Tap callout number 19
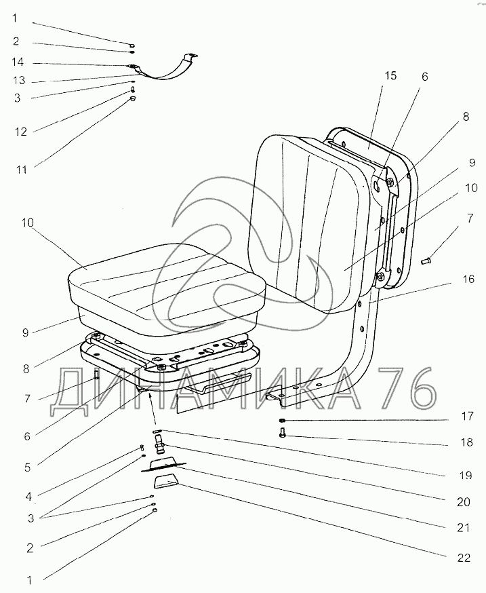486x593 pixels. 464,476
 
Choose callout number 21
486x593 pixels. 464,527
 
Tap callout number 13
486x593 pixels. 19,80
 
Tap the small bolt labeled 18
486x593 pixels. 283,436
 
